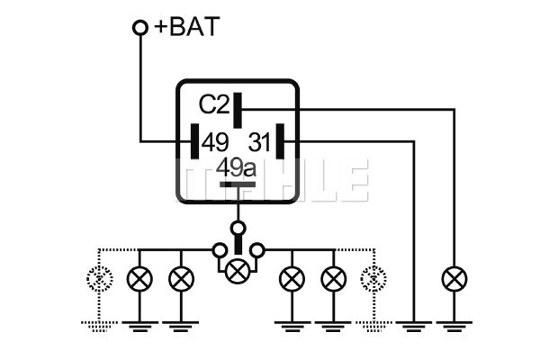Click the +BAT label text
[185, 27]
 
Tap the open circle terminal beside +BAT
[140, 28]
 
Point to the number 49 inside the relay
[215, 141]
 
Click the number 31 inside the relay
[259, 141]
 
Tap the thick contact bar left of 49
[193, 141]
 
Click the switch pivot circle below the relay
[238, 227]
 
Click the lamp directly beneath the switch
[238, 269]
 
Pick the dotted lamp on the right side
[371, 279]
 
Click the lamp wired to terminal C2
[454, 279]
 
